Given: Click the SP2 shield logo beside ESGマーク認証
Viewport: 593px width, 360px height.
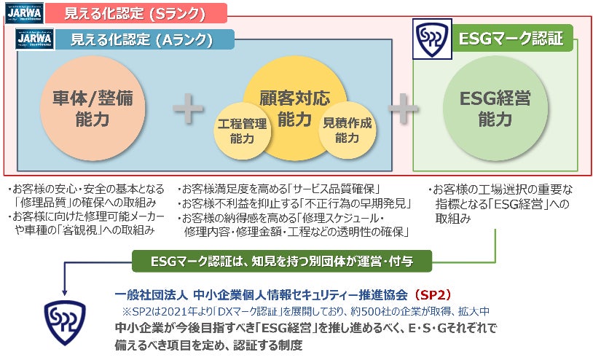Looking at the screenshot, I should click(x=431, y=40).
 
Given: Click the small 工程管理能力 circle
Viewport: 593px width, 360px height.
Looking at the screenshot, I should click(x=242, y=130).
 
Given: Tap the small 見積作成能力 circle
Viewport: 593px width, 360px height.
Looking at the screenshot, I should click(x=346, y=130).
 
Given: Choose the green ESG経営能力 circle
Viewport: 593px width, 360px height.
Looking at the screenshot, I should click(x=495, y=109).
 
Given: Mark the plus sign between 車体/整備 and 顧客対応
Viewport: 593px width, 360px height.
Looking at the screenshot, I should click(x=188, y=109).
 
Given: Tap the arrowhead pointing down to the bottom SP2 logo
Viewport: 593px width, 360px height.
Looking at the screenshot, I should click(x=64, y=286).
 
